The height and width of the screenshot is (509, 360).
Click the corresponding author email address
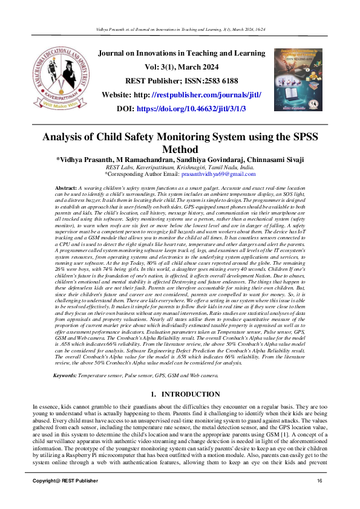pos(221,174)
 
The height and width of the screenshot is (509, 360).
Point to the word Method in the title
pos(180,149)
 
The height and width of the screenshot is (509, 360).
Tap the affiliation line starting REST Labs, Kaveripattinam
pos(180,167)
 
